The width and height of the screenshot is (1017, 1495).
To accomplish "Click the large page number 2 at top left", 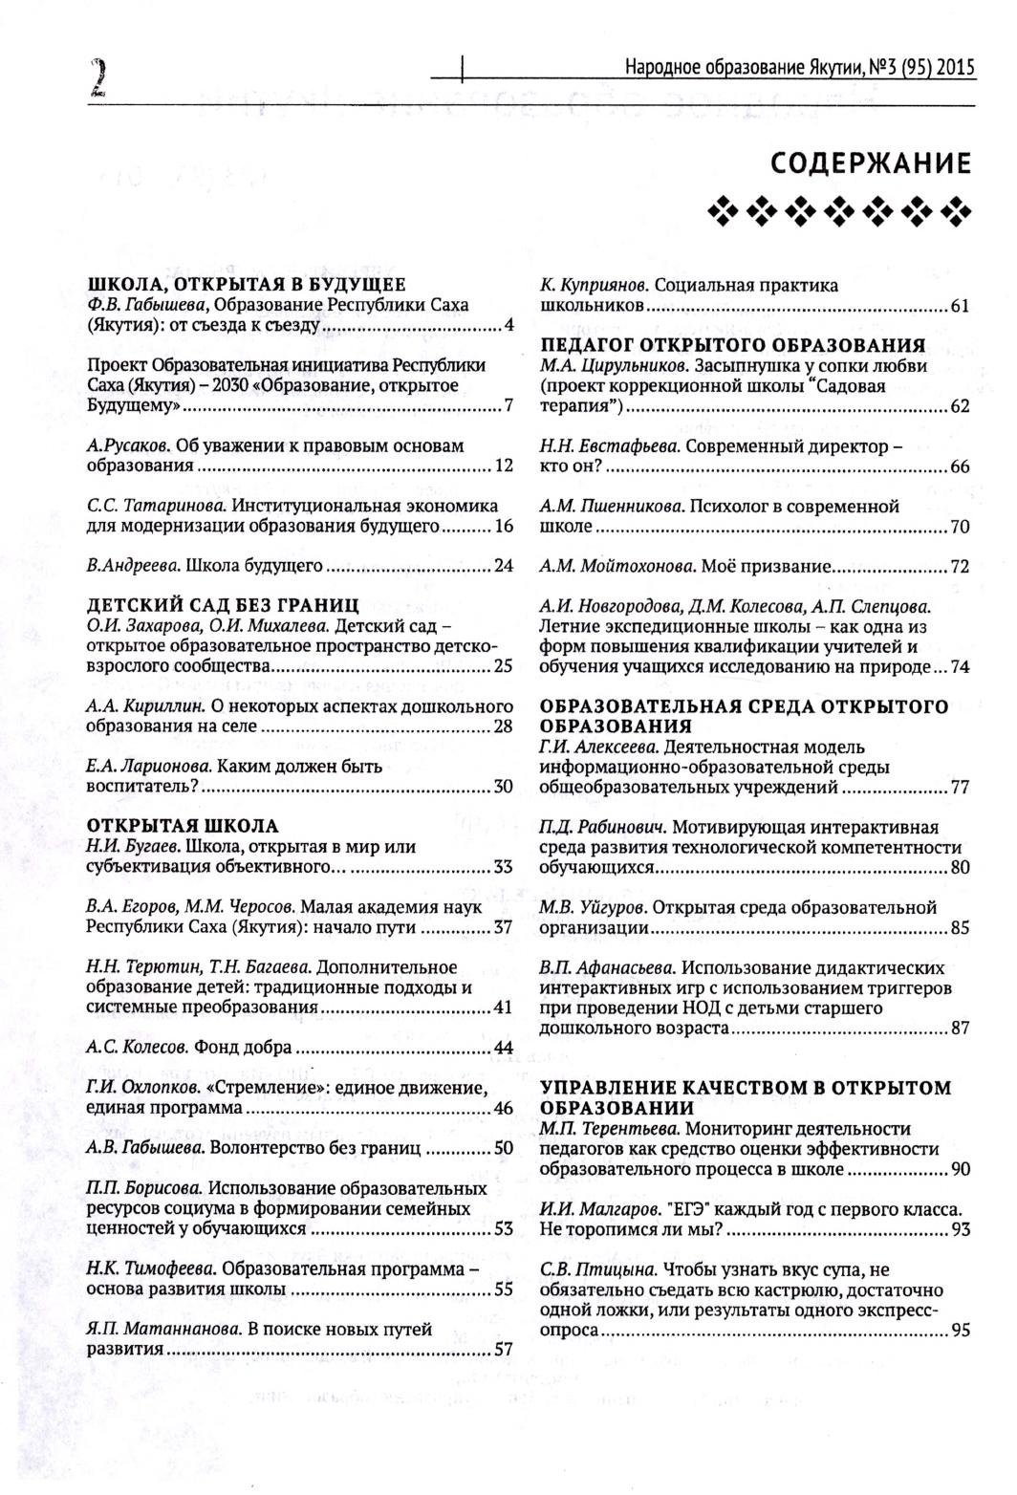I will tap(97, 77).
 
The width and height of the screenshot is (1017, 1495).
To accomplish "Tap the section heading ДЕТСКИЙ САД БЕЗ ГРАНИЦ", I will tap(223, 605).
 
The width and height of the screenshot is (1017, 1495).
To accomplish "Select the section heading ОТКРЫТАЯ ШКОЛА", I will tap(183, 825).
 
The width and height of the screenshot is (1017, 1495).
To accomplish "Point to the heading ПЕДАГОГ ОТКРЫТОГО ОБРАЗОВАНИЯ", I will tap(733, 344).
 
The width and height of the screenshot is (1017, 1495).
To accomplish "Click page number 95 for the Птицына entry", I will tap(960, 1331).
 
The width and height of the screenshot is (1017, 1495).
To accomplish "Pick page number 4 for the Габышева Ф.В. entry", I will tap(509, 326).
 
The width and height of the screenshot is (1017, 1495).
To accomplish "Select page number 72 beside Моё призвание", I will tap(960, 567).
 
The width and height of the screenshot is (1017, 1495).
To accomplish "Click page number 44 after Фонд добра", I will tap(504, 1048).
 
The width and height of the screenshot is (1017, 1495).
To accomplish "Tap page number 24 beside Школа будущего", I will tap(504, 566).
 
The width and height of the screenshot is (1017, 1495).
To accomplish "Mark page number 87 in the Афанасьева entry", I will tap(960, 1029).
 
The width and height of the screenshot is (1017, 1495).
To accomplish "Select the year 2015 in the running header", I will tap(956, 67).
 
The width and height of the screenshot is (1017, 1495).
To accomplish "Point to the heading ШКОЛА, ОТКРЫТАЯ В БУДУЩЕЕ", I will tap(247, 284).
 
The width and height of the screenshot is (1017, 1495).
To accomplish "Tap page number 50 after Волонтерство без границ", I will tap(504, 1148).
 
